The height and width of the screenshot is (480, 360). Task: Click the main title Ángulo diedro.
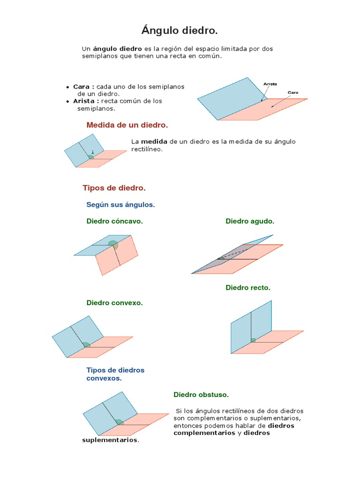[x=180, y=31]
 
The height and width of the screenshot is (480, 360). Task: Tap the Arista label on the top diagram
[x=270, y=84]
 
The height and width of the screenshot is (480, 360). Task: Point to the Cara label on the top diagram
[x=293, y=92]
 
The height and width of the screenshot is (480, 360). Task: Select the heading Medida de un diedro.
[x=127, y=125]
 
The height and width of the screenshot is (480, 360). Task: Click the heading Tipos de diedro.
[x=114, y=188]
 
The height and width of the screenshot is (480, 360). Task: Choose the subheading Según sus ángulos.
[x=120, y=205]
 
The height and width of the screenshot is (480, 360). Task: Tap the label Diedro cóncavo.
[x=114, y=221]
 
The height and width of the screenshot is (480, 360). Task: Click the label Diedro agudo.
[x=250, y=221]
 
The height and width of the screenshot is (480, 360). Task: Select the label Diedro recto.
[x=248, y=288]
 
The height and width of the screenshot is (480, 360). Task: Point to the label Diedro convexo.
[x=114, y=303]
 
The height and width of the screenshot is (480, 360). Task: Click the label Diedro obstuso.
[x=201, y=395]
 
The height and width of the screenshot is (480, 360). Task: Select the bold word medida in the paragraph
[x=154, y=142]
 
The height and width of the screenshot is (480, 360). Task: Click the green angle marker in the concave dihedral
[x=113, y=244]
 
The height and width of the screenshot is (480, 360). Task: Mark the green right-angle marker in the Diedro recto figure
[x=253, y=340]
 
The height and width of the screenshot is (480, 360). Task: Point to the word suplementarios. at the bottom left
[x=111, y=440]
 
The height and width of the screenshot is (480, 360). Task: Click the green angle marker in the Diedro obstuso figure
[x=120, y=422]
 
